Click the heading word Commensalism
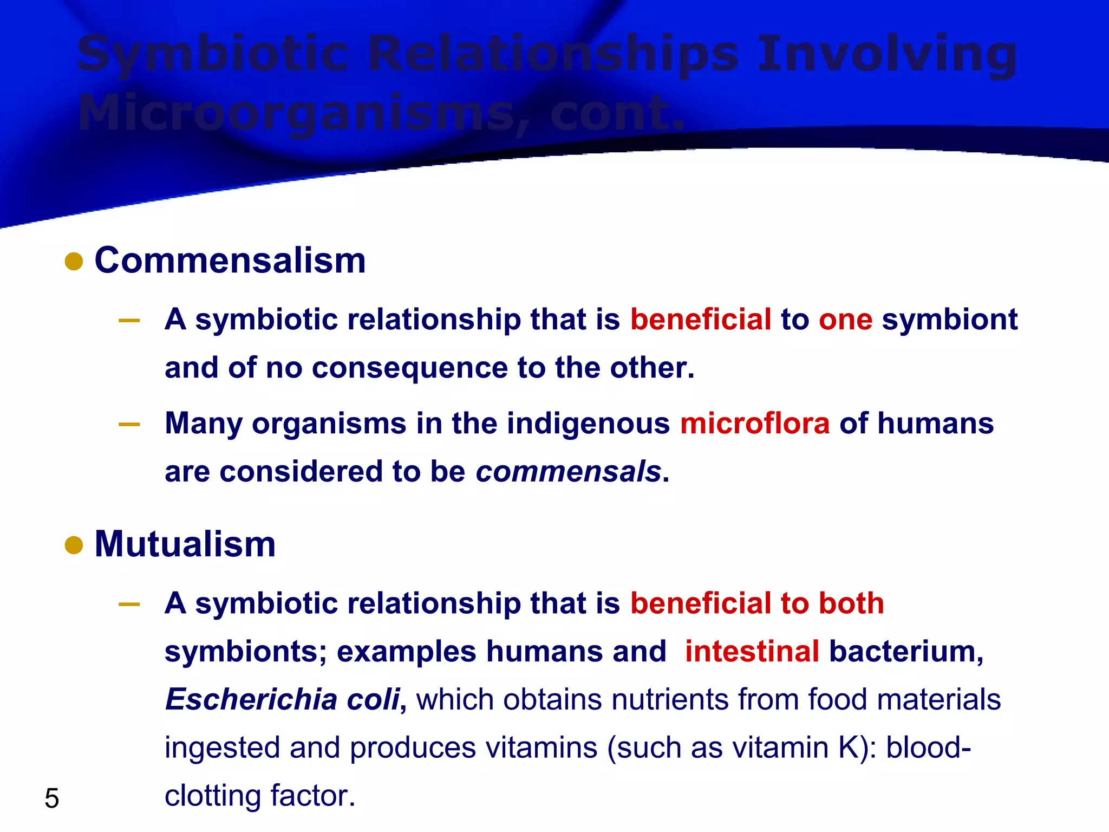pos(230,261)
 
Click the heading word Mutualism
pos(185,544)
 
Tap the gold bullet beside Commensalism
pos(74,262)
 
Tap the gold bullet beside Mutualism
pos(74,545)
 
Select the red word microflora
pos(755,424)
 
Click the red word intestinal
pos(752,652)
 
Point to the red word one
pos(845,320)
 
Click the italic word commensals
pos(569,472)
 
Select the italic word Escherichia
pos(252,700)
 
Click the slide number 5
pos(52,798)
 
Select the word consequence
pos(410,368)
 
